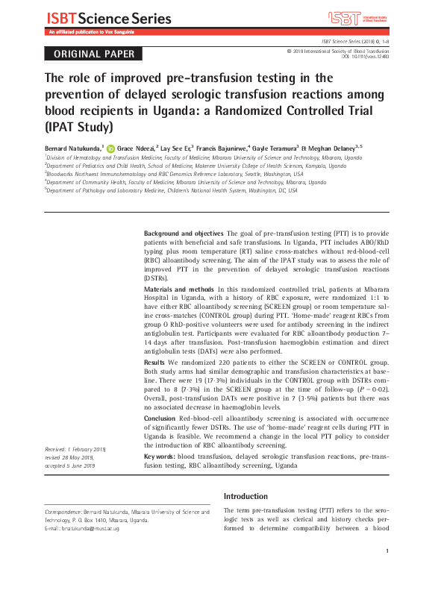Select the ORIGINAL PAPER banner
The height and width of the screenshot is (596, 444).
(90, 54)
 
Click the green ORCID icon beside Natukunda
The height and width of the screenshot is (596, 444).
(111, 148)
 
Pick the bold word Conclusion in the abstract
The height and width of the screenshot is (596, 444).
(161, 418)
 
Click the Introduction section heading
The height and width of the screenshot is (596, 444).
(246, 496)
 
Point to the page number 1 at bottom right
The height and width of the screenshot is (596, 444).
(388, 572)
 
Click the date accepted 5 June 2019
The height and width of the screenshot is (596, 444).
(70, 465)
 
